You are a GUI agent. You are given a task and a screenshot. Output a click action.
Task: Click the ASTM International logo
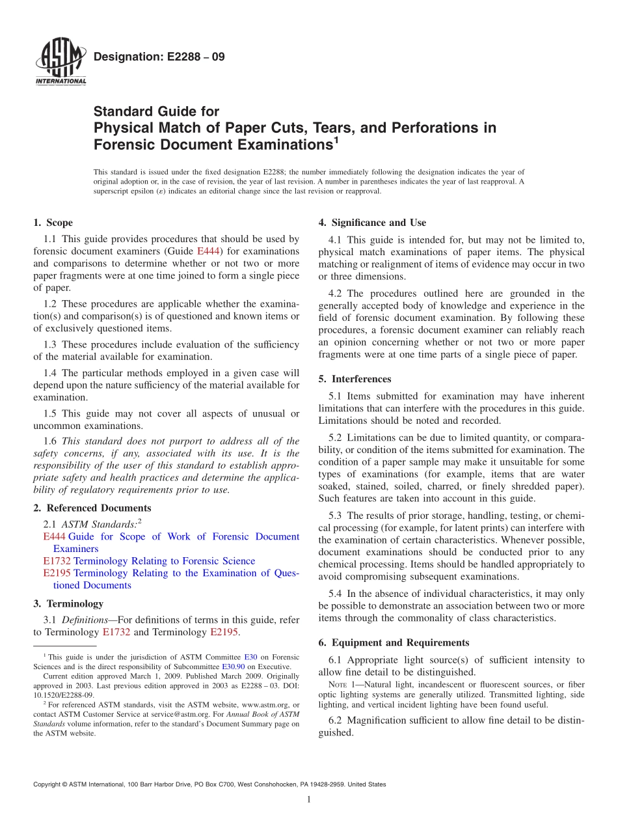(60, 62)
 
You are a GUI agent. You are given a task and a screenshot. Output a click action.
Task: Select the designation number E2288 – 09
(159, 57)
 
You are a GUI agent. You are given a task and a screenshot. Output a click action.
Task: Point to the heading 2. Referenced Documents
(92, 508)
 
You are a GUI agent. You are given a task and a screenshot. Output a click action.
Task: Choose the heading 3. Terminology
(68, 603)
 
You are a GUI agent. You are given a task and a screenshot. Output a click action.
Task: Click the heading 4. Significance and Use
(372, 223)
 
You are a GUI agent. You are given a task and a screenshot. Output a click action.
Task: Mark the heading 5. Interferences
(355, 379)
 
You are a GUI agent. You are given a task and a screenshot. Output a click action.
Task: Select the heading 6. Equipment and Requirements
(394, 642)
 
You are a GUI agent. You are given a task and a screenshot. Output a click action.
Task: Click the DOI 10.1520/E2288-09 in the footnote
(64, 695)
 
